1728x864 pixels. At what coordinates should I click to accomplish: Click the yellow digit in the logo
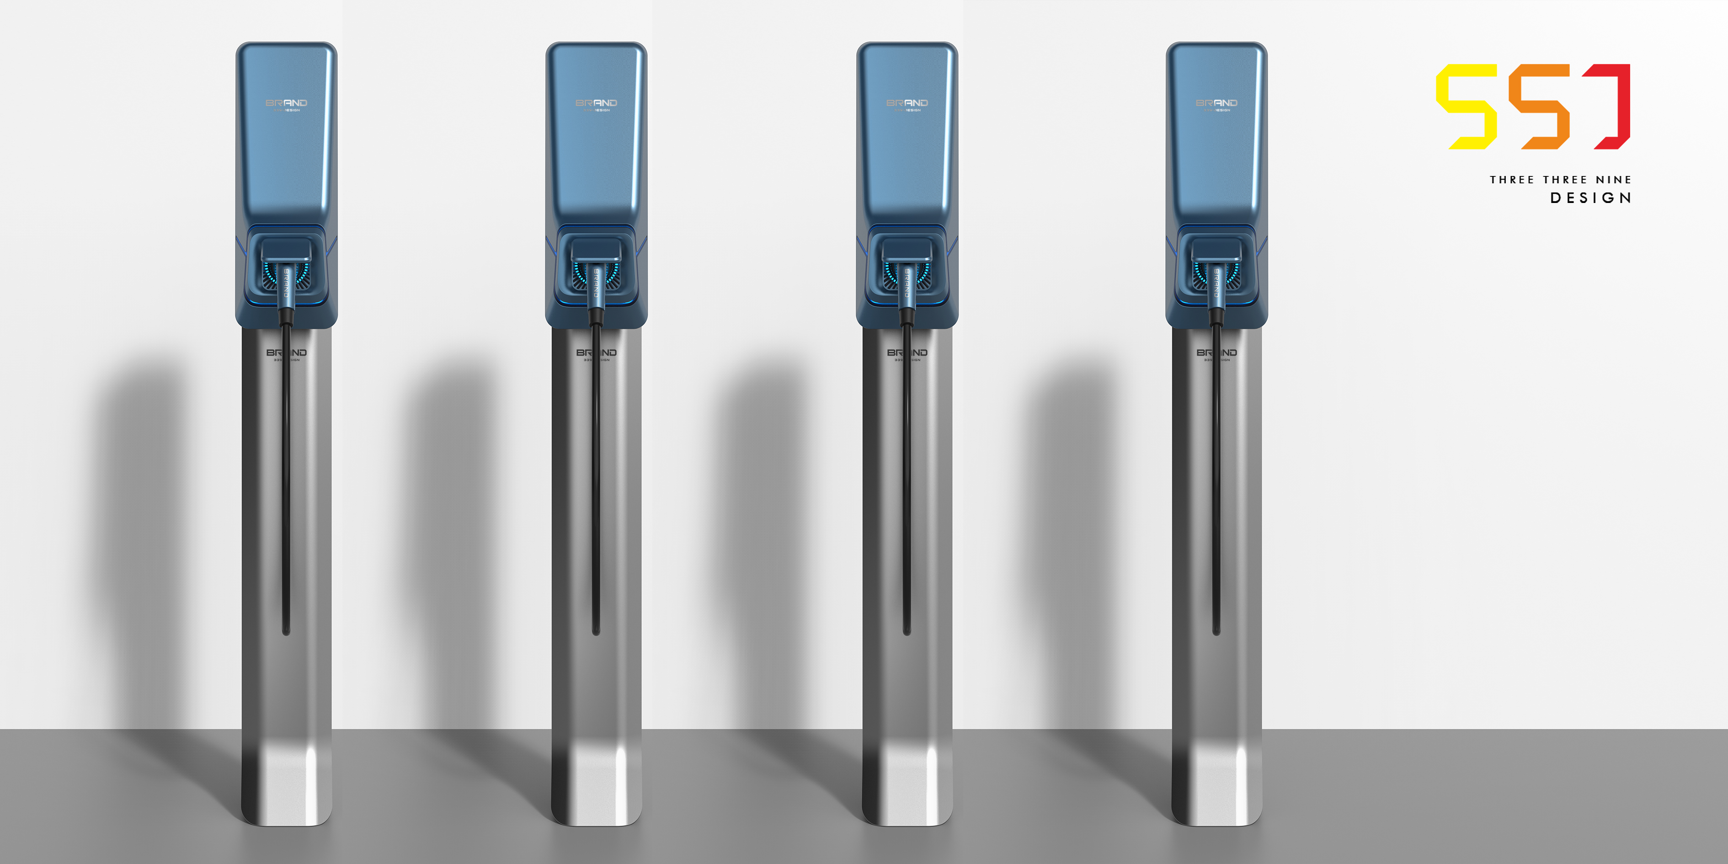[1467, 106]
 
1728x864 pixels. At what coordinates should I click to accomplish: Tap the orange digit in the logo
[1540, 106]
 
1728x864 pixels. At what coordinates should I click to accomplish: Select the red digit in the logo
[1616, 106]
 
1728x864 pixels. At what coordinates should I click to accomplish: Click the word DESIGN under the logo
[1590, 198]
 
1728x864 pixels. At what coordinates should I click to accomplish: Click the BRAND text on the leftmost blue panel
[287, 103]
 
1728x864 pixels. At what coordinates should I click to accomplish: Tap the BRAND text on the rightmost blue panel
[1216, 103]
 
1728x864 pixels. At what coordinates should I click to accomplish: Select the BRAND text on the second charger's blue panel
[597, 103]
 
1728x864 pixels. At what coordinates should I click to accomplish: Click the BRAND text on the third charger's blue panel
[907, 103]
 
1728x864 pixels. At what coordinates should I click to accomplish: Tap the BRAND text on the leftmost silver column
[287, 353]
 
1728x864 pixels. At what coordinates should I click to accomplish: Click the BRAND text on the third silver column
[907, 353]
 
